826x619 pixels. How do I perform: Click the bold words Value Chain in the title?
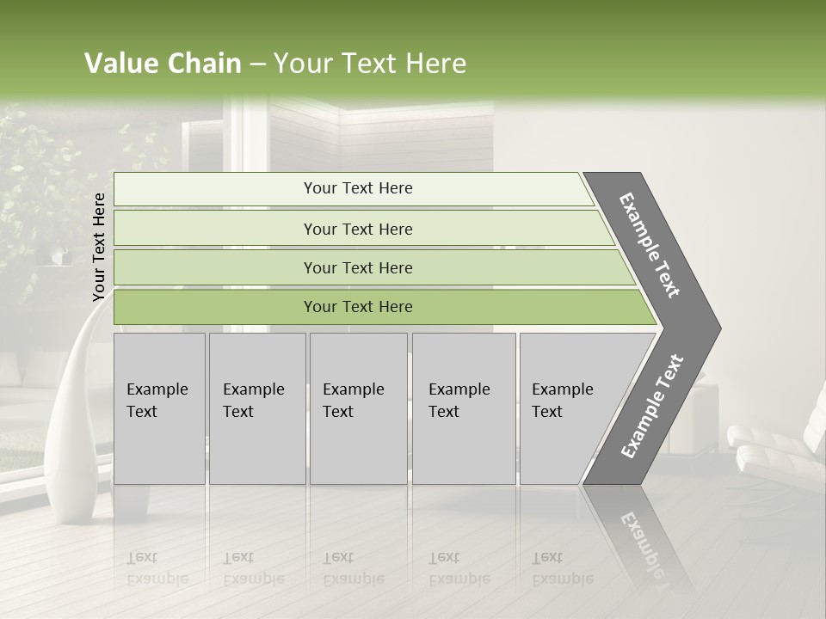pos(163,64)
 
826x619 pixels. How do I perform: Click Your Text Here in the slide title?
pos(370,64)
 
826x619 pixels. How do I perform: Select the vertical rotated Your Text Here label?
pos(99,248)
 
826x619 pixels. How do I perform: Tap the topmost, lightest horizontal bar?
pos(358,188)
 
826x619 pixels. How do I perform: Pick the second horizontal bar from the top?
pos(358,229)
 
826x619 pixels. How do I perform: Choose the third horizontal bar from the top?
pos(358,267)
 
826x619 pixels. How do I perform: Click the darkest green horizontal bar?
pos(358,307)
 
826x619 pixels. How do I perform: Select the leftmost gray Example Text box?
pos(159,408)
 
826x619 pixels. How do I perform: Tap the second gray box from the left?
pos(256,408)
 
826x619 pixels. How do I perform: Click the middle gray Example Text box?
pos(358,408)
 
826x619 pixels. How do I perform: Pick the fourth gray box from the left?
pos(464,408)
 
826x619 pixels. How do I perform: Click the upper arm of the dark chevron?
pos(650,245)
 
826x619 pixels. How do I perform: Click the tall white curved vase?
pos(73,413)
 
